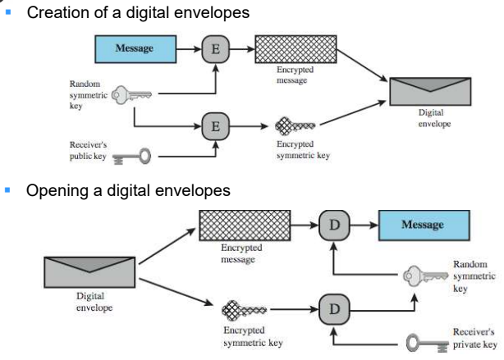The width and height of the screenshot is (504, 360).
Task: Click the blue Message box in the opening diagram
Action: [423, 224]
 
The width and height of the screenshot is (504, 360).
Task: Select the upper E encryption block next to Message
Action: [216, 49]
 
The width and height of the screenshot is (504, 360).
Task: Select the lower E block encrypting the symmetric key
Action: [216, 126]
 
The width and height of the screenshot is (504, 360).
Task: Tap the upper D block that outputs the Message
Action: [334, 224]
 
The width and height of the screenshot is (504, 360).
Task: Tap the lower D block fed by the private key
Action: [334, 312]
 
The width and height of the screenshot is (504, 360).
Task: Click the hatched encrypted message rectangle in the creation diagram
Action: [295, 49]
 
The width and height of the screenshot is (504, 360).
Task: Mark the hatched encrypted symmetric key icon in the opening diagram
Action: [243, 312]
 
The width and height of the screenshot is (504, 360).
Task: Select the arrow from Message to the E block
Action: [190, 49]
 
